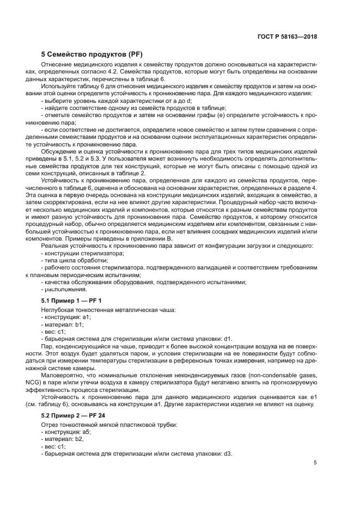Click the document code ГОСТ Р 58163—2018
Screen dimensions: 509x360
[x=288, y=38]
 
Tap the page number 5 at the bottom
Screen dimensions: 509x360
[x=315, y=463]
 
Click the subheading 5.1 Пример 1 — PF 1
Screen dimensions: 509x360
[x=71, y=301]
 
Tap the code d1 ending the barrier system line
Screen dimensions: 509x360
[x=228, y=339]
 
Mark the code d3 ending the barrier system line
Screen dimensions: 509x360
[x=228, y=453]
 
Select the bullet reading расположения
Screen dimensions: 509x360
[x=64, y=290]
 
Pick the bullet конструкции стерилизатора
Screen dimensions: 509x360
[x=79, y=254]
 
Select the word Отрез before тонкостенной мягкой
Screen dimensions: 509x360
[x=50, y=424]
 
